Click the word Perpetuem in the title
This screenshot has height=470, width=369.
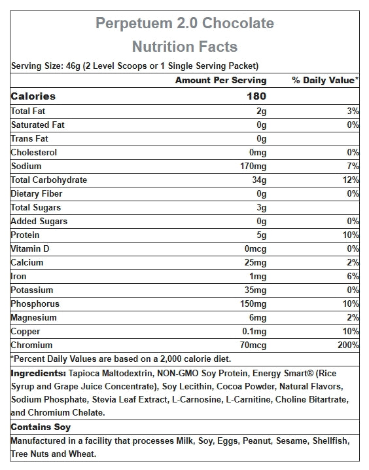(x=134, y=24)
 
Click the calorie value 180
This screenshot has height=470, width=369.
(x=256, y=96)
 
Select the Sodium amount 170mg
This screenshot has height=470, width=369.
(x=253, y=166)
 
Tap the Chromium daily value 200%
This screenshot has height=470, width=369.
(x=348, y=345)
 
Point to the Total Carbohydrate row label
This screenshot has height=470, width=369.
(x=49, y=180)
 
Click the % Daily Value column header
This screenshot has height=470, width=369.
(x=325, y=81)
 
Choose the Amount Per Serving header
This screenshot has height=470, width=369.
(x=221, y=81)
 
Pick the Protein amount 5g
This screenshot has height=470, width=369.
(x=261, y=235)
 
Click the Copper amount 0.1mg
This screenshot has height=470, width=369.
(x=254, y=332)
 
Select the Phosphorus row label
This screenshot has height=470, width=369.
(x=35, y=304)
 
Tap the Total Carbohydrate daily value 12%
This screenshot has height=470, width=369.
(x=351, y=180)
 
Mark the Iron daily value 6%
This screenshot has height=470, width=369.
(x=353, y=276)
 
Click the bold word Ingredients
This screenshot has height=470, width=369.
(x=39, y=374)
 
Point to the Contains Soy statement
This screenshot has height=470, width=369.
(x=41, y=427)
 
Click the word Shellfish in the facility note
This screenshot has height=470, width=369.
(x=331, y=441)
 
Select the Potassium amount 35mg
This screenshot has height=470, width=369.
(x=255, y=290)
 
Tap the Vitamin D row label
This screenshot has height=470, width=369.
(x=30, y=249)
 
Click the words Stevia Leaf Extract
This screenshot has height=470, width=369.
(x=130, y=400)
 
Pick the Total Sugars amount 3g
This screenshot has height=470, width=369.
(x=261, y=208)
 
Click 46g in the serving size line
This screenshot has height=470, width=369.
(x=73, y=66)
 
